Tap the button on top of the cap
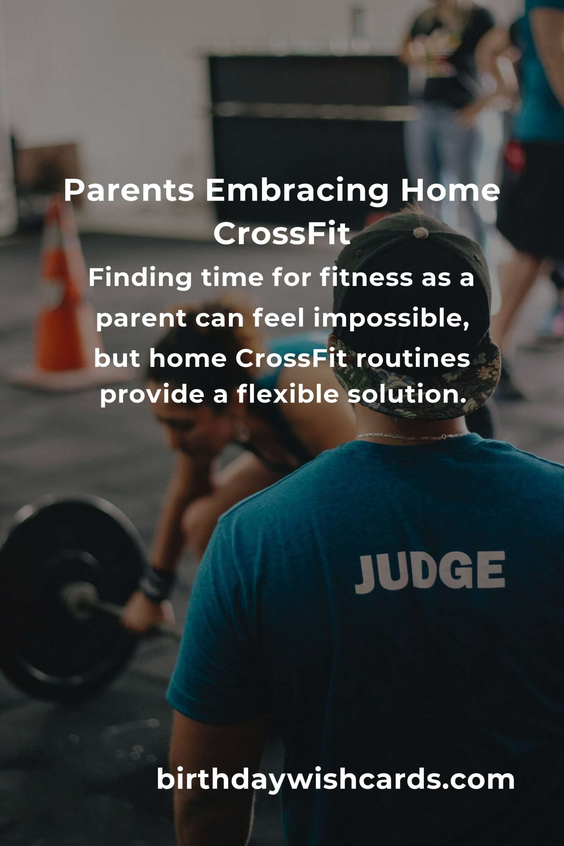click(x=421, y=233)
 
